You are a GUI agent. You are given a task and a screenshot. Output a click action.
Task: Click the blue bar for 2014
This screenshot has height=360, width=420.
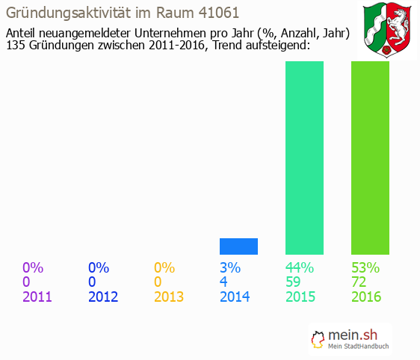[238, 246]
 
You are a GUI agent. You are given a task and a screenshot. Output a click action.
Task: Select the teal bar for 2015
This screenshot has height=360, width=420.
[304, 158]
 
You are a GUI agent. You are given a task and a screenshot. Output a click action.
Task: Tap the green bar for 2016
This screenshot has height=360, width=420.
[370, 158]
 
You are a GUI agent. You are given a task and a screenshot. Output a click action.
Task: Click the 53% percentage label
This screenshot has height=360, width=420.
[366, 267]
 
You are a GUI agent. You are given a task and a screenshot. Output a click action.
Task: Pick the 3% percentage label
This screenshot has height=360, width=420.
[230, 267]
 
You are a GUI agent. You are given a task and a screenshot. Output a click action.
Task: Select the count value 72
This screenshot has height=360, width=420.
[360, 282]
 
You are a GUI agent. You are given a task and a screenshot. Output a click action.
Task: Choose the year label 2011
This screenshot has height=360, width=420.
[37, 297]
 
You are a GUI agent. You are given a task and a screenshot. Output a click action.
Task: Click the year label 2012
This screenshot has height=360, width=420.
[103, 297]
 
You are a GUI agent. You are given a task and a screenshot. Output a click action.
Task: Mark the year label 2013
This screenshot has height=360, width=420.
[169, 297]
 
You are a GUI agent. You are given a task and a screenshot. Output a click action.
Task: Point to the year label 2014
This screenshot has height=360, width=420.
[235, 297]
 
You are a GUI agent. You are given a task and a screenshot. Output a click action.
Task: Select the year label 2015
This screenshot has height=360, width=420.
[300, 297]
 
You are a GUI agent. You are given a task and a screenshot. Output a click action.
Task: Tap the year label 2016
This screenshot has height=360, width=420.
[366, 297]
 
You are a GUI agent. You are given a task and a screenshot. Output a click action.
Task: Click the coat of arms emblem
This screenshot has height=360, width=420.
[389, 30]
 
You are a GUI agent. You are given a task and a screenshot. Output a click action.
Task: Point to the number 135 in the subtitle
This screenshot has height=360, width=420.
[16, 46]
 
